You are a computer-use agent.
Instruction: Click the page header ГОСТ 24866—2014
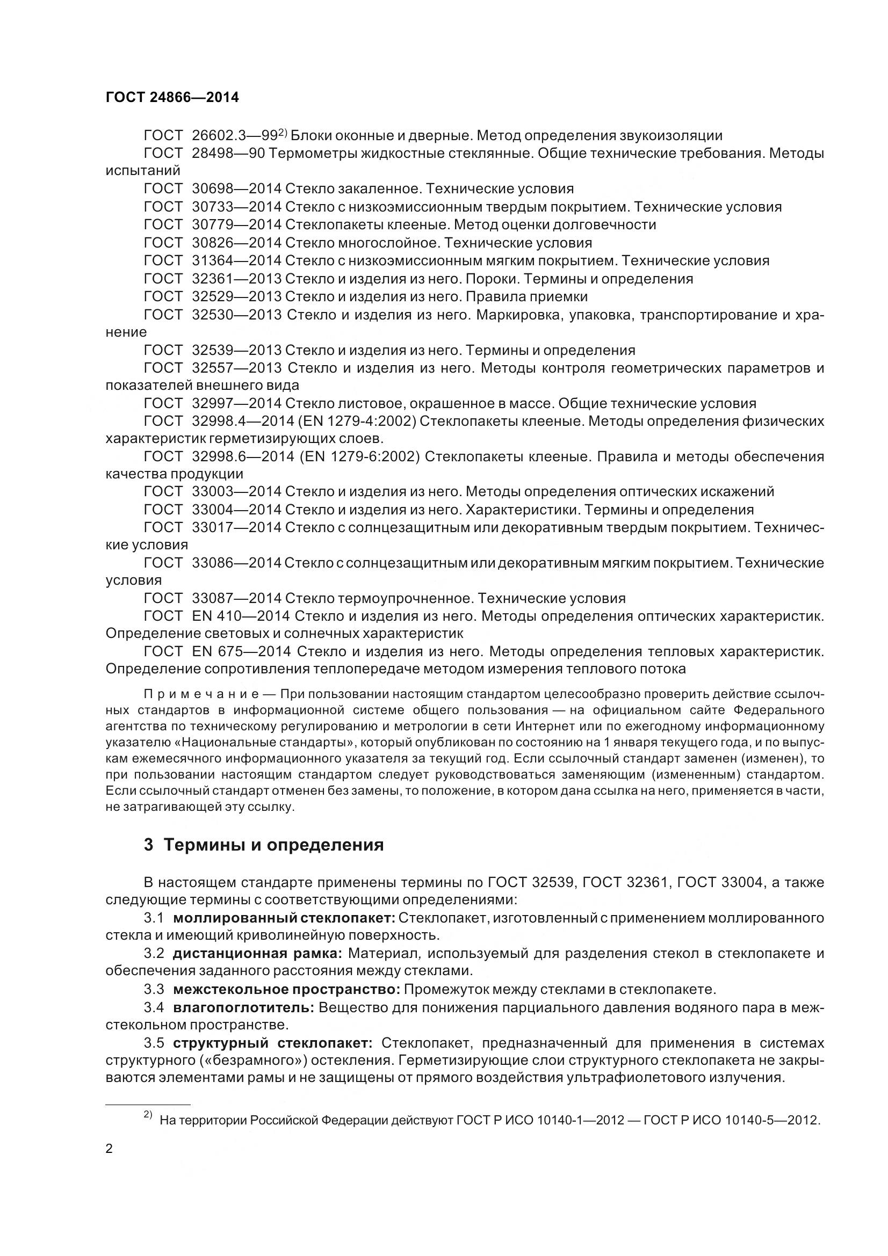coord(172,97)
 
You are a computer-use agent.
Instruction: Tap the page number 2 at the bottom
coord(109,1148)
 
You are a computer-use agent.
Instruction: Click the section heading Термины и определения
coord(273,845)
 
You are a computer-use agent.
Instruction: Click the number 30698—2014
coord(236,189)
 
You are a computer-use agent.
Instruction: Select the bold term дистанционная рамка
coord(257,954)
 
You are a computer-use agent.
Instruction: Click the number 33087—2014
coord(236,598)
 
